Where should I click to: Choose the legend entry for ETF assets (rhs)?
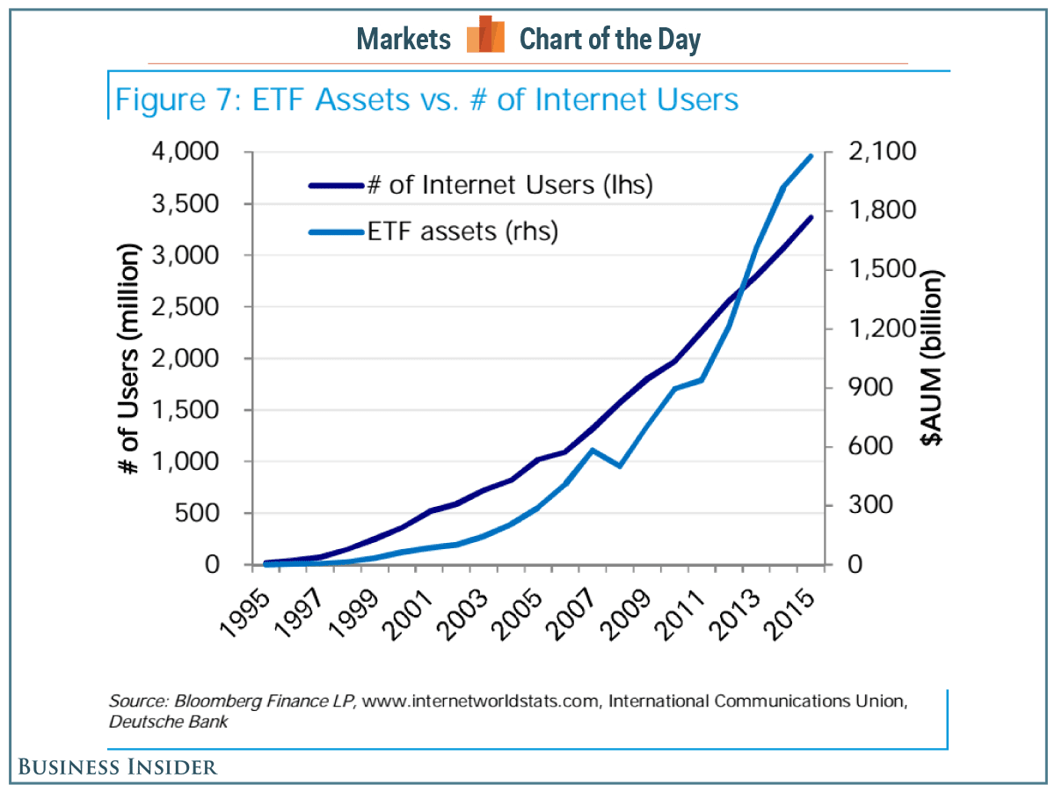pyautogui.click(x=462, y=232)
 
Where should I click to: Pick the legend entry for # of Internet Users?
pyautogui.click(x=509, y=186)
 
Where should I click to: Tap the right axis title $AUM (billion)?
pyautogui.click(x=933, y=358)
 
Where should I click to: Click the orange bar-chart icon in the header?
pyautogui.click(x=485, y=36)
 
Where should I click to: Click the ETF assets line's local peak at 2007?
pyautogui.click(x=593, y=450)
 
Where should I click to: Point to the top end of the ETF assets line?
pyautogui.click(x=811, y=156)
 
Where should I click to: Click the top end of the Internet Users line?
pyautogui.click(x=811, y=216)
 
